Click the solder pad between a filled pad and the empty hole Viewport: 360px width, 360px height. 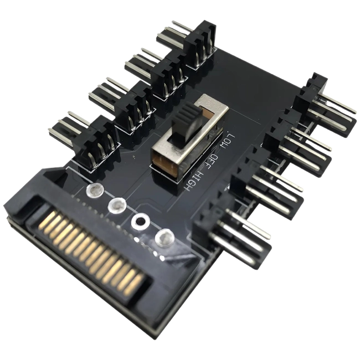coord(116,207)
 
